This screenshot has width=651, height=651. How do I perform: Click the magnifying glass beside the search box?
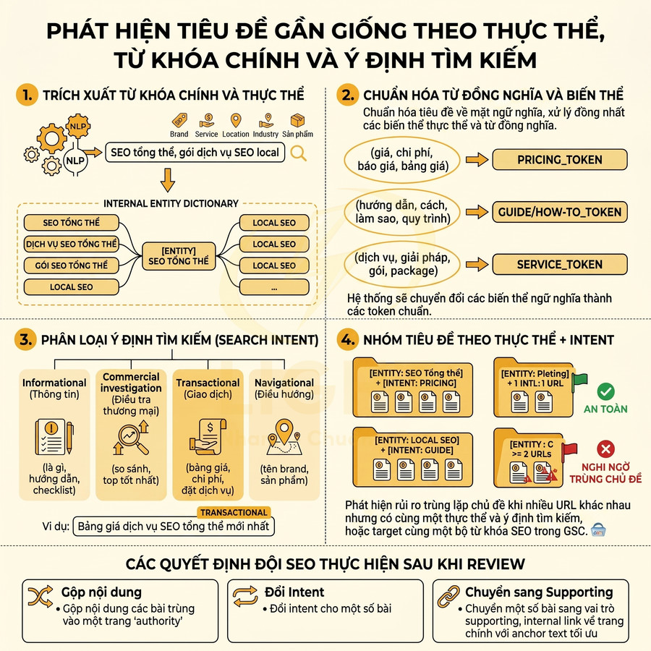[298, 153]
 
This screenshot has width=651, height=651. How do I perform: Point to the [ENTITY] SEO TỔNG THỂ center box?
[177, 255]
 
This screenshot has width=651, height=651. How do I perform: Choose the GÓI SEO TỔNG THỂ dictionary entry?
[71, 265]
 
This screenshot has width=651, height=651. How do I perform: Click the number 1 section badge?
[27, 95]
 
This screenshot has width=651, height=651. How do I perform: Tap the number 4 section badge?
[348, 339]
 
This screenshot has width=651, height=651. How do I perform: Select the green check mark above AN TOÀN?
[606, 392]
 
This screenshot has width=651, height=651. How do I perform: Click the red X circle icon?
[606, 448]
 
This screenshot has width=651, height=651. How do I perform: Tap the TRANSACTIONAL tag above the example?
[234, 512]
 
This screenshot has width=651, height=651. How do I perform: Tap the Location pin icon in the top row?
[236, 120]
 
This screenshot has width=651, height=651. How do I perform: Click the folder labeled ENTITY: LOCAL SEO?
[412, 456]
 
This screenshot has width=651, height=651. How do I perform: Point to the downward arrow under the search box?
[167, 179]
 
